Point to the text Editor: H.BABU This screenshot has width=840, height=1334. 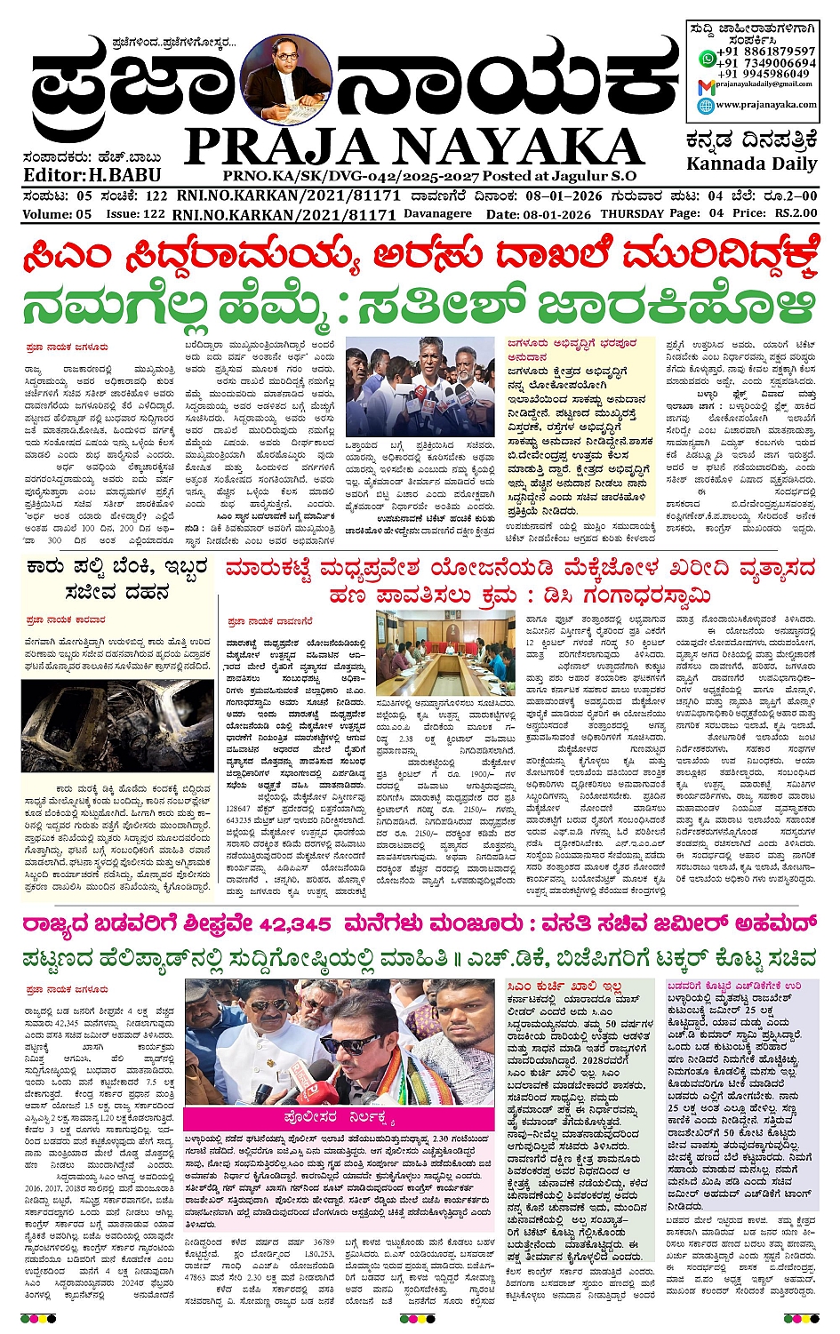pyautogui.click(x=92, y=175)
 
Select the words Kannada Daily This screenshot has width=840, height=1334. pyautogui.click(x=751, y=164)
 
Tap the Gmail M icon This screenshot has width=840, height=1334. pyautogui.click(x=706, y=86)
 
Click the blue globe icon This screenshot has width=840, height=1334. pyautogui.click(x=706, y=106)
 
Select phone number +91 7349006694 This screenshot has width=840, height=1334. pyautogui.click(x=767, y=63)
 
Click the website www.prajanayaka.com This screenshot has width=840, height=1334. pyautogui.click(x=765, y=105)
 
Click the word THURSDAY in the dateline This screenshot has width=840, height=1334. pyautogui.click(x=632, y=214)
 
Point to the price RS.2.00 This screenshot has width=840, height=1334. pyautogui.click(x=795, y=213)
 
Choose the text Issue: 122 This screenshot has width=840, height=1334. pyautogui.click(x=135, y=214)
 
